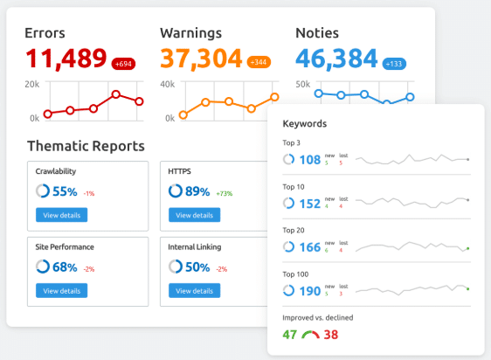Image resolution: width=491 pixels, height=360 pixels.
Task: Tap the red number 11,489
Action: (x=66, y=59)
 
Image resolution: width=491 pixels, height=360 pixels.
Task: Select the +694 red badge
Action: (x=123, y=63)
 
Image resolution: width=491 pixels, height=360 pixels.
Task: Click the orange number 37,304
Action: (x=200, y=59)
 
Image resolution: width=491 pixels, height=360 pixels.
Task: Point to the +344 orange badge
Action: (x=259, y=63)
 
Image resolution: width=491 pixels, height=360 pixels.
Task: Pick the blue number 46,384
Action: (x=335, y=59)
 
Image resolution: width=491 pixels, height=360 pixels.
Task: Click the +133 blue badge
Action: (x=394, y=63)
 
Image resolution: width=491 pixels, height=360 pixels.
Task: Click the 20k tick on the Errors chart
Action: (x=31, y=84)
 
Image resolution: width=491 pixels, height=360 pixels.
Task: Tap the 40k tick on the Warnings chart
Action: (x=167, y=84)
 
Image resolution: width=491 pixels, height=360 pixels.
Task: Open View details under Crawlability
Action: (x=61, y=215)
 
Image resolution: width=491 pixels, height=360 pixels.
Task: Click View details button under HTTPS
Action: (x=193, y=215)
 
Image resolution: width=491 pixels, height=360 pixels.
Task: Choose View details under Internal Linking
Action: (x=193, y=290)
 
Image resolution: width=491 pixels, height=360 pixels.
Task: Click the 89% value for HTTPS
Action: (x=197, y=191)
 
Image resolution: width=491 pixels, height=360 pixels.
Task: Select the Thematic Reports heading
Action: (x=86, y=146)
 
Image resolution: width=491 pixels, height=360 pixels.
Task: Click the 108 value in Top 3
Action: (x=309, y=160)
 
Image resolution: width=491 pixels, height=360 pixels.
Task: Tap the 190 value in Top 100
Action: (x=309, y=291)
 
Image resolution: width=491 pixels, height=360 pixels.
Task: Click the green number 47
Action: (x=290, y=334)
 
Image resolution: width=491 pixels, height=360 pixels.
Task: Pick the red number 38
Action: (x=332, y=334)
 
